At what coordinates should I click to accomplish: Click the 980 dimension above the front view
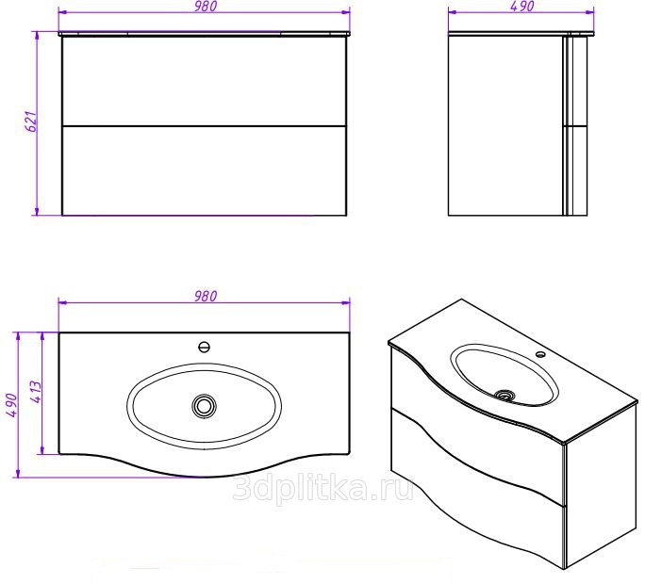tap(206, 7)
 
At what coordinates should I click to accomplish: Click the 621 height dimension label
tap(29, 122)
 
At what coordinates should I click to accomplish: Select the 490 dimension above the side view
tap(522, 7)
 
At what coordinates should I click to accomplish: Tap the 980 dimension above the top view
tap(206, 296)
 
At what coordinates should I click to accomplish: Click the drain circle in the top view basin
tap(204, 406)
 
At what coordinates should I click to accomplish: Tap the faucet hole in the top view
tap(204, 346)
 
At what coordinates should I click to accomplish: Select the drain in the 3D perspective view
tap(506, 396)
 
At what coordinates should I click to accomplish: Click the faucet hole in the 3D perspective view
tap(541, 355)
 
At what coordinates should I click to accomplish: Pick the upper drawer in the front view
tap(205, 81)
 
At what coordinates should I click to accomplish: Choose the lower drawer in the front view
tap(205, 170)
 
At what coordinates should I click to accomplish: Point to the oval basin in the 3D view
tap(504, 375)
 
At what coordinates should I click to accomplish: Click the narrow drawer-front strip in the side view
tap(576, 122)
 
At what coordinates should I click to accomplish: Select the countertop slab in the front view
tap(205, 33)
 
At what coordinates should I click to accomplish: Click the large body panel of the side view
tap(504, 122)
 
